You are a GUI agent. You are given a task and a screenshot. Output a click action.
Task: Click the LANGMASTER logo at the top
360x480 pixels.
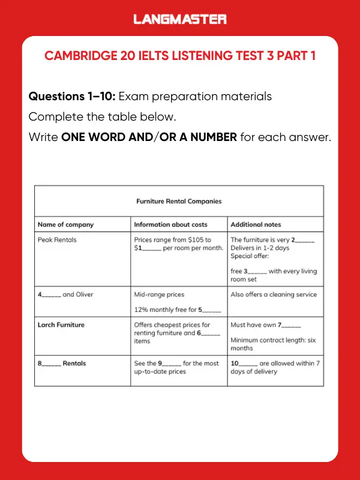(x=180, y=19)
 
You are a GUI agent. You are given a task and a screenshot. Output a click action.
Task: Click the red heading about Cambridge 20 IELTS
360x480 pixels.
(x=180, y=56)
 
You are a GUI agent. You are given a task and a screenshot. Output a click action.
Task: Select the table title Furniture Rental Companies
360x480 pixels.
(x=179, y=202)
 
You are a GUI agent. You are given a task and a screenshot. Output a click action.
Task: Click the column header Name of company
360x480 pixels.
(x=65, y=224)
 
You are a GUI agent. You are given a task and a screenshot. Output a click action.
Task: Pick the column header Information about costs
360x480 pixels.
(x=170, y=224)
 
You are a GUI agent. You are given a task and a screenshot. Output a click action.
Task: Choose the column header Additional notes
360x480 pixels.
(x=256, y=224)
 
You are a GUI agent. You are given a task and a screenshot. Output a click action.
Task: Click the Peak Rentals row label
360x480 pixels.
(x=57, y=240)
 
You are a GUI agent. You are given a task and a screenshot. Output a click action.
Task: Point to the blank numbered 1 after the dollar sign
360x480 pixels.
(x=150, y=248)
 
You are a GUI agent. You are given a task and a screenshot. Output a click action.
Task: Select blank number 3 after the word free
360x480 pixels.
(x=256, y=271)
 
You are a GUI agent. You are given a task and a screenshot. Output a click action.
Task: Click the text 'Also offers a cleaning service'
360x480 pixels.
(x=273, y=295)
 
